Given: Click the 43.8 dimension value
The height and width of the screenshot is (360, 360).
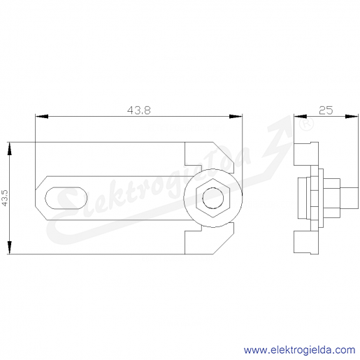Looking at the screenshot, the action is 139,110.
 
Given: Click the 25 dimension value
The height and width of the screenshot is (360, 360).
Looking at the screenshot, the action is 326,110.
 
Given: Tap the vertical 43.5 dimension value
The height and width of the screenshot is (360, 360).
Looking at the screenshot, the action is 5,198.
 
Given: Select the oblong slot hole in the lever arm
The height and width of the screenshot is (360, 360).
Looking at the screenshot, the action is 66,198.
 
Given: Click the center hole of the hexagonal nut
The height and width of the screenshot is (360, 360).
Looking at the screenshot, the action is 213,198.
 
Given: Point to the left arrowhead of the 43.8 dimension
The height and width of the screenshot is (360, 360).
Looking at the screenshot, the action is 42,116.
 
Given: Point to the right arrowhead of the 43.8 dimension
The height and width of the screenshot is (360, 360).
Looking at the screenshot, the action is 236,116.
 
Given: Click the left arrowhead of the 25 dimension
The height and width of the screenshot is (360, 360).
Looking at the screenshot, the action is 301,116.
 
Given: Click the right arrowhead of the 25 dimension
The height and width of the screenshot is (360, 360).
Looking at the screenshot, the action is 352,116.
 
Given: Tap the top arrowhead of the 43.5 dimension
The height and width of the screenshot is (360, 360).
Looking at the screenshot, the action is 9,149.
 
